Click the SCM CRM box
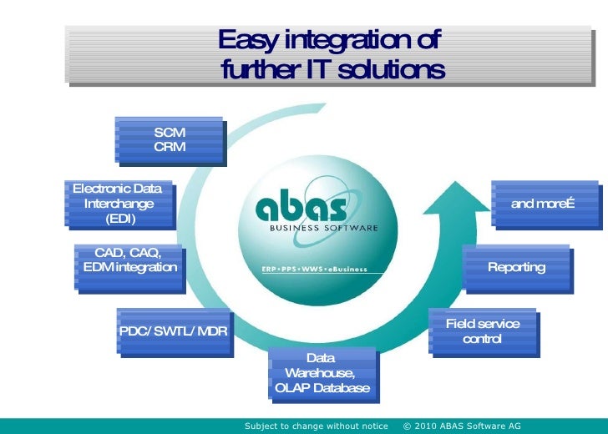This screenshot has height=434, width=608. pyautogui.click(x=170, y=139)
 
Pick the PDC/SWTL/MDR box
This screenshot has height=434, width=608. pyautogui.click(x=173, y=331)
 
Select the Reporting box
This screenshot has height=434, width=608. pyautogui.click(x=516, y=267)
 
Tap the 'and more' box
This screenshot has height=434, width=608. pyautogui.click(x=543, y=204)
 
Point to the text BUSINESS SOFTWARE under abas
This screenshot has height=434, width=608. pyautogui.click(x=323, y=227)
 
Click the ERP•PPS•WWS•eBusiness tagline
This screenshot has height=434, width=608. pyautogui.click(x=314, y=270)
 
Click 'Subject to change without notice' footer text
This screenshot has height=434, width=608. pyautogui.click(x=316, y=426)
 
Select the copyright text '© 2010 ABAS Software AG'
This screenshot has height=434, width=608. pyautogui.click(x=461, y=426)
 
